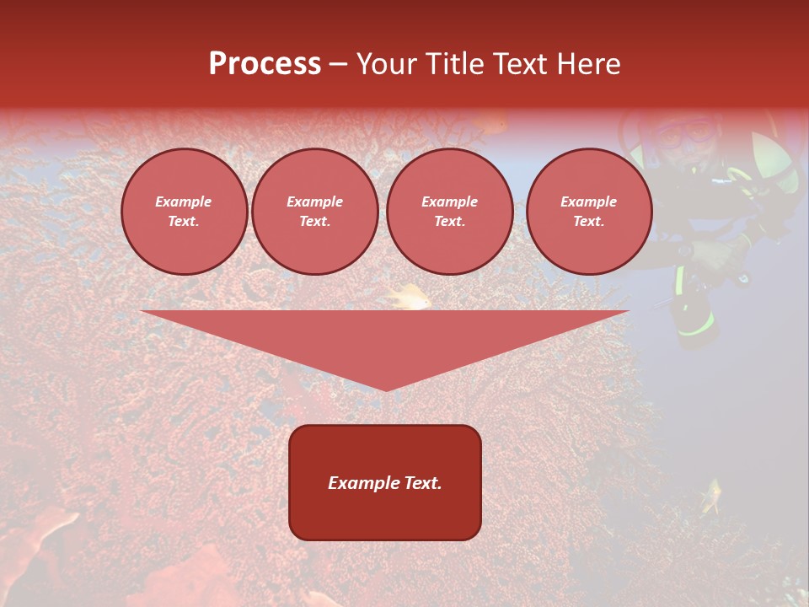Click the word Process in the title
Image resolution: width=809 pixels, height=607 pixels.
click(x=265, y=64)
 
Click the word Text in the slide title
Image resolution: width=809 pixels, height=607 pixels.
click(x=522, y=64)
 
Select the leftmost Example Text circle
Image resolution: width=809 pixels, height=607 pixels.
click(x=184, y=212)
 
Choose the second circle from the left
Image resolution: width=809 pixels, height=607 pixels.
click(x=314, y=212)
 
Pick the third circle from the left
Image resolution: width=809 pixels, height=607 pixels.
click(x=449, y=212)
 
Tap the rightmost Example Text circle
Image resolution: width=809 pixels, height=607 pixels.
click(x=588, y=212)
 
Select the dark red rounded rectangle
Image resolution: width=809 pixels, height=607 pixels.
click(x=385, y=481)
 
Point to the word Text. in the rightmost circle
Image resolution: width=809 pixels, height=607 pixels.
click(x=588, y=222)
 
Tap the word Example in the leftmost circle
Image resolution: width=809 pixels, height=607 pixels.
click(x=184, y=201)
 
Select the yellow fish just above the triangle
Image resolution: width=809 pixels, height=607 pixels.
click(x=410, y=296)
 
